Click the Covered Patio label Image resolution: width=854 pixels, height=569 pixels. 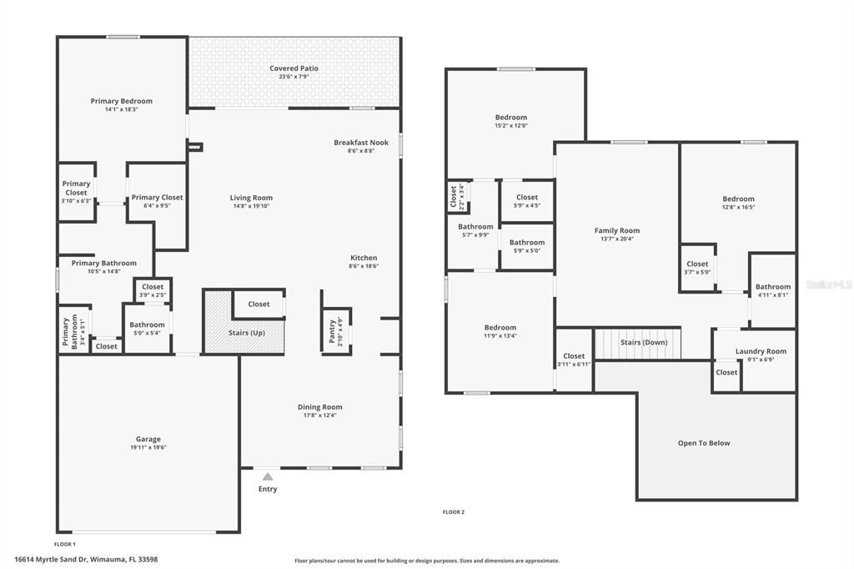tap(294, 68)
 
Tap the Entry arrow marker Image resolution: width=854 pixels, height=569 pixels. tap(267, 476)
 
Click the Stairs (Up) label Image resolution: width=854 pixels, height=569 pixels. tap(247, 332)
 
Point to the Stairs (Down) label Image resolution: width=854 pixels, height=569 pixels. tap(643, 342)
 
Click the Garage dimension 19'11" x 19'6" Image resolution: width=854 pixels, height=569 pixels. tap(148, 447)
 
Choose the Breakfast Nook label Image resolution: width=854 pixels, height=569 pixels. tap(361, 143)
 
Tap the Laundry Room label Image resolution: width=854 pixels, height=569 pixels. tap(761, 351)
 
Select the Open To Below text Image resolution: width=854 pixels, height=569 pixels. tap(703, 443)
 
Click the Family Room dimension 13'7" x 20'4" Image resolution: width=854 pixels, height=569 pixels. tap(617, 239)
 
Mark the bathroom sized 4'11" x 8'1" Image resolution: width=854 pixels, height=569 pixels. tap(773, 290)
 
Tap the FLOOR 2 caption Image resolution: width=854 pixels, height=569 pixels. tap(453, 511)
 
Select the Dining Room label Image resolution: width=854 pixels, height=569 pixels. tap(320, 407)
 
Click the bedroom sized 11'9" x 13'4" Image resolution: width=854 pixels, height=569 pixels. tap(500, 331)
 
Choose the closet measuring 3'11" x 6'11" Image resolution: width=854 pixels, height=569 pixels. tap(574, 360)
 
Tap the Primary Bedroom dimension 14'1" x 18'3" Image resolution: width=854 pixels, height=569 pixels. tap(122, 109)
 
